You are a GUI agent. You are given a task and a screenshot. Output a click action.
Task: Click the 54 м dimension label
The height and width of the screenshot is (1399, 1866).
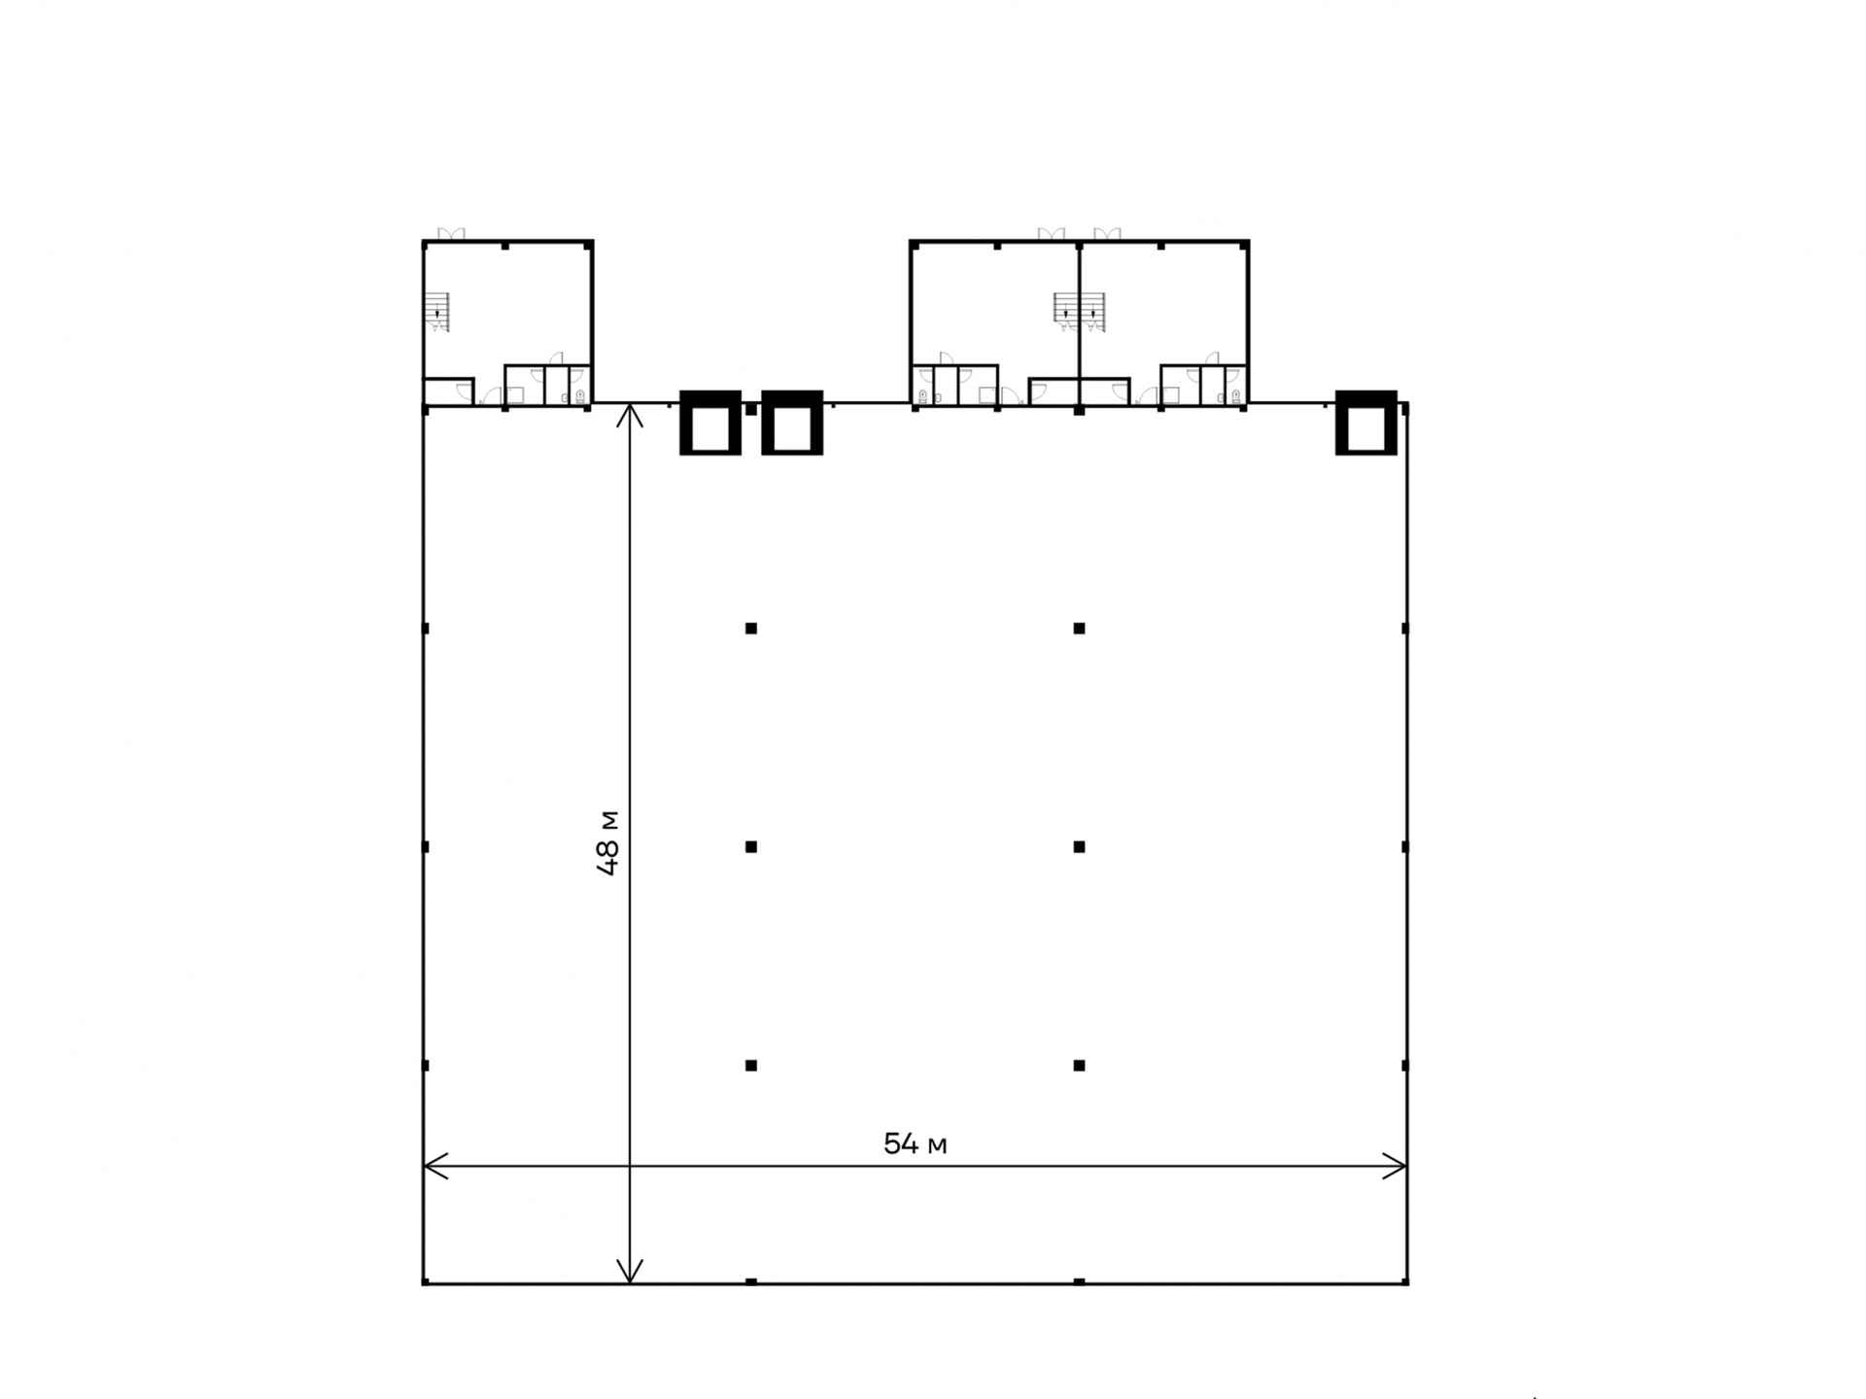click(915, 1144)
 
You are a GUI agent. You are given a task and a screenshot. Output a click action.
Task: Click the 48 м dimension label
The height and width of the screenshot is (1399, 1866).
click(608, 843)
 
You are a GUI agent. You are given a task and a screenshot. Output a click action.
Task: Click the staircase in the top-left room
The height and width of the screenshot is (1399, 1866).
click(436, 312)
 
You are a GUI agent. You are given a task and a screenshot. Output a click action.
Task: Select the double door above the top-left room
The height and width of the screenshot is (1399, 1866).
click(451, 234)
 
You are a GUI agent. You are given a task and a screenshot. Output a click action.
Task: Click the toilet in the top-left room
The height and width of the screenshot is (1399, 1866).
click(580, 395)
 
